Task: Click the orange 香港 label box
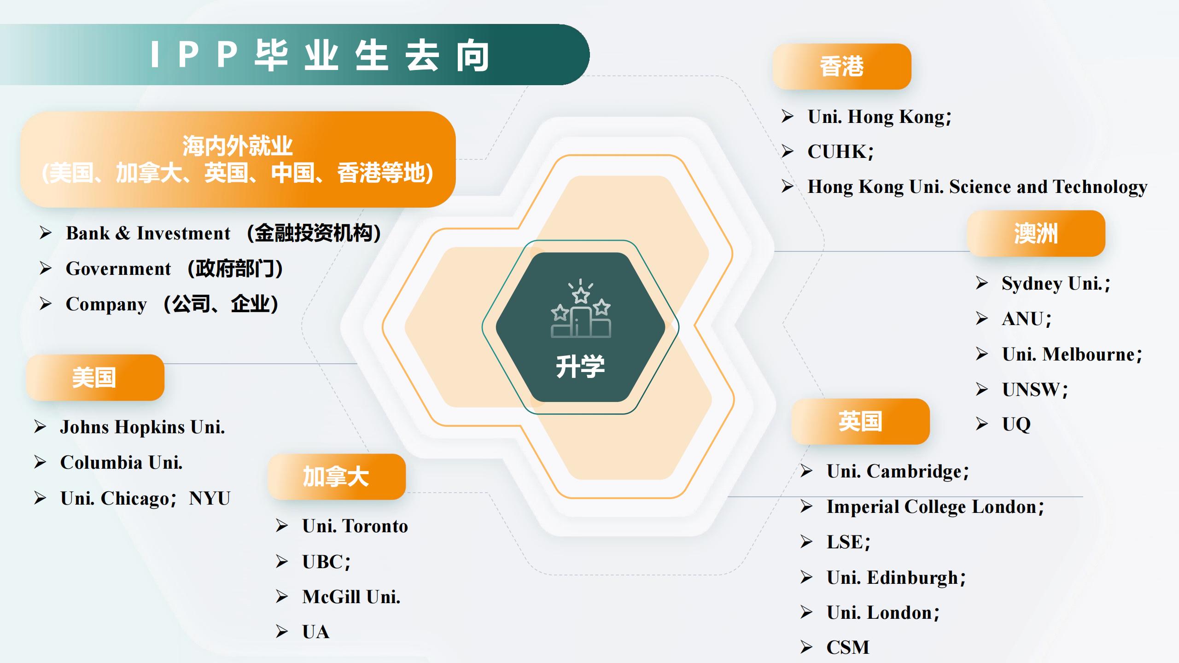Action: [x=841, y=66]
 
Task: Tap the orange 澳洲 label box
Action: [x=1036, y=233]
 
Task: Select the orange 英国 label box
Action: [x=860, y=421]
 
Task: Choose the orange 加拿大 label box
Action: [x=336, y=477]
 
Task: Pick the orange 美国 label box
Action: [x=95, y=378]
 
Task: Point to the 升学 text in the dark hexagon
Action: [x=580, y=366]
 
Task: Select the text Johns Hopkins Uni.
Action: [x=142, y=427]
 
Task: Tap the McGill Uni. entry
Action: [x=351, y=597]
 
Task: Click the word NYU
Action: [x=210, y=498]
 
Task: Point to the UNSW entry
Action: [x=1034, y=390]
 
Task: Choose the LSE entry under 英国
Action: [x=848, y=542]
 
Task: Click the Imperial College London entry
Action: [x=935, y=506]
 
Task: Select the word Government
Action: [x=118, y=268]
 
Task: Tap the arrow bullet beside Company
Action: [x=45, y=304]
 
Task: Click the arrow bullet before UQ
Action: [x=981, y=424]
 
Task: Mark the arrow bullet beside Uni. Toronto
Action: [x=281, y=526]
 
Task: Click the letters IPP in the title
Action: [x=194, y=55]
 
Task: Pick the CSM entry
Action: [x=848, y=647]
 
